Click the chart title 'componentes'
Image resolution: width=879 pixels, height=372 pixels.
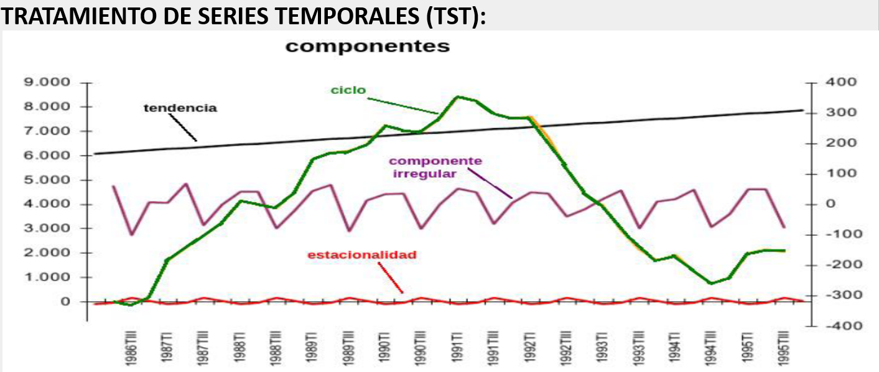coord(367,47)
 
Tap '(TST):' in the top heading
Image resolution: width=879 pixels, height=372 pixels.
coord(456,17)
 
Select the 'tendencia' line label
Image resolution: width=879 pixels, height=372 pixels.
coord(180,108)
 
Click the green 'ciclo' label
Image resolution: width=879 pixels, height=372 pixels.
coord(348,90)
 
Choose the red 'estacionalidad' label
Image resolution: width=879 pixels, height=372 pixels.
coord(361,255)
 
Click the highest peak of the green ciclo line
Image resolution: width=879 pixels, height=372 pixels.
coord(457,96)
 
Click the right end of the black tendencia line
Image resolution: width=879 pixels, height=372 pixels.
coord(802,111)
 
